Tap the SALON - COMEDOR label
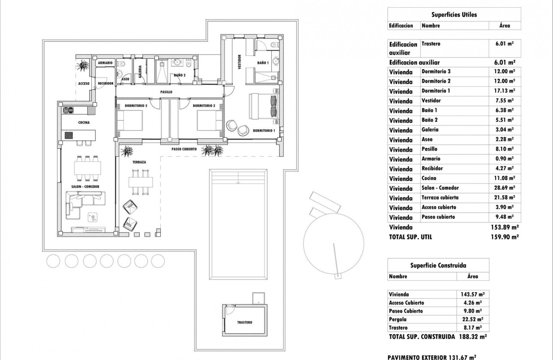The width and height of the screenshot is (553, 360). tap(86, 187)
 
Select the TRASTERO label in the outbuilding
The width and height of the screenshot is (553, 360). tap(244, 322)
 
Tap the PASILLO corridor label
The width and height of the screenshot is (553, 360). tap(166, 92)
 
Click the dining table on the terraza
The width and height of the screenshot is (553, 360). tap(141, 181)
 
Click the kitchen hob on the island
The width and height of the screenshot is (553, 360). tap(69, 135)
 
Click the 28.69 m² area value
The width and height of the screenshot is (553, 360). tap(505, 188)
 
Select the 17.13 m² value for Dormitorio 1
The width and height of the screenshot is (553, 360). tap(505, 91)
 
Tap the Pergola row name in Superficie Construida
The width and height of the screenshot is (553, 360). tap(398, 319)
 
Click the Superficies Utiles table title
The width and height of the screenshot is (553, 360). tap(454, 15)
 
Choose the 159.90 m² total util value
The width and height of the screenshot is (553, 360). tap(505, 237)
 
